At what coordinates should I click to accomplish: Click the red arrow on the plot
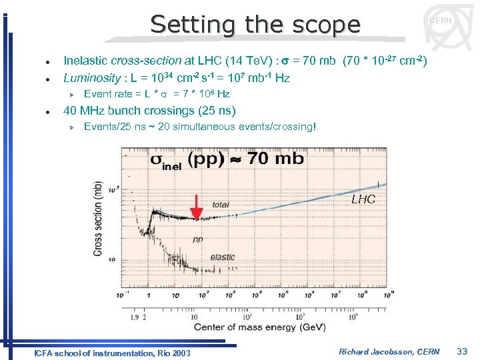[196, 207]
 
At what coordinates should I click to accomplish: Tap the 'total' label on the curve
[221, 204]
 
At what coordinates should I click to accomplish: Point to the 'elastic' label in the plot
[223, 257]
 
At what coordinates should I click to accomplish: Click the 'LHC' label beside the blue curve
[363, 199]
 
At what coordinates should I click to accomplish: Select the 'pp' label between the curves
[198, 239]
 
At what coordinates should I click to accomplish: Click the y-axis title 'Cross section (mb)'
[98, 218]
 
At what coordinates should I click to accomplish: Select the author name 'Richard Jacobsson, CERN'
[389, 351]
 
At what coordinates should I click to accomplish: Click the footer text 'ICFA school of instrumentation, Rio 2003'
[112, 353]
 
